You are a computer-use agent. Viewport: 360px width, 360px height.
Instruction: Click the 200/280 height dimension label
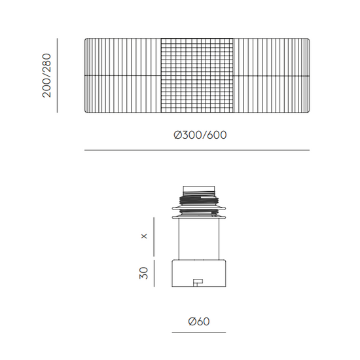[46, 75]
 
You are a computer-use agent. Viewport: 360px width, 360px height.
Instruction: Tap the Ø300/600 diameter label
[200, 135]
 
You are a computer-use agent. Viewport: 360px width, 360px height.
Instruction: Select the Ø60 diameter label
[199, 321]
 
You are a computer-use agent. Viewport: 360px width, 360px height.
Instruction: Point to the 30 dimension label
[144, 273]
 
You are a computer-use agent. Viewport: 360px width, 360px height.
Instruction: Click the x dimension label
[144, 236]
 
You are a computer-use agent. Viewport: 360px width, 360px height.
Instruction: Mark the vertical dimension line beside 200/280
[57, 75]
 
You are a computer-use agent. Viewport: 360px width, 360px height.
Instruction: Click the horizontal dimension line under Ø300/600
[197, 150]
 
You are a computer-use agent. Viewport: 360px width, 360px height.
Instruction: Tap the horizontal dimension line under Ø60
[199, 332]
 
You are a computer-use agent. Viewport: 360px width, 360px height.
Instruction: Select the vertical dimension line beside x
[154, 237]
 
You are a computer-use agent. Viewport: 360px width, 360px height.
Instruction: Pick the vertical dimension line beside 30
[154, 273]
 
